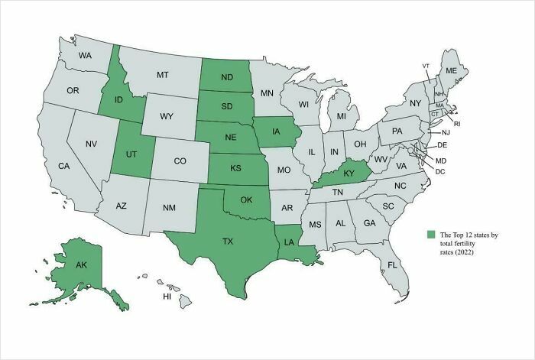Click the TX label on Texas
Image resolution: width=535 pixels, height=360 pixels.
(227, 241)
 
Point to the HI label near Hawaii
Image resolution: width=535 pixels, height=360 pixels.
(167, 296)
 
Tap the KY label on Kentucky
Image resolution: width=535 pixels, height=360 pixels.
(349, 174)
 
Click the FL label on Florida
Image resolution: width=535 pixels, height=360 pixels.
(392, 265)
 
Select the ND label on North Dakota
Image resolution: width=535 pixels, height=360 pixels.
(227, 76)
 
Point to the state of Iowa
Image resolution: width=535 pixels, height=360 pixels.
(275, 130)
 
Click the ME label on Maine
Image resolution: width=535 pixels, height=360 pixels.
(451, 70)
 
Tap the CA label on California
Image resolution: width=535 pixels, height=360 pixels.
(63, 166)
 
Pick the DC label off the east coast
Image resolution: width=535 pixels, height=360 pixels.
(440, 171)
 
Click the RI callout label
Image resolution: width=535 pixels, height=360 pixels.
(458, 122)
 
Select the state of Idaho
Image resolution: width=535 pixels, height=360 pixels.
(118, 99)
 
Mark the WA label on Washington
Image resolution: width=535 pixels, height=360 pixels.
(85, 56)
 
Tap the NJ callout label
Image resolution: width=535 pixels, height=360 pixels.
(446, 132)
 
